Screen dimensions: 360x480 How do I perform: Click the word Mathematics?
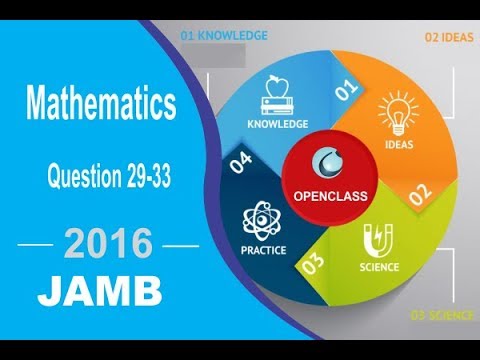(x=101, y=102)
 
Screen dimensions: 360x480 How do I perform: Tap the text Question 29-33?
(x=110, y=178)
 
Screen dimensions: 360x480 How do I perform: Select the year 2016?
(x=109, y=243)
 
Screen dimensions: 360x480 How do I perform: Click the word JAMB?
(x=100, y=292)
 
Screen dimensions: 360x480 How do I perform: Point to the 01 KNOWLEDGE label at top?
(x=224, y=36)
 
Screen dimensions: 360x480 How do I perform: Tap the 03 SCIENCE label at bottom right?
(x=443, y=316)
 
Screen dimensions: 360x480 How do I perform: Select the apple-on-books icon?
(x=279, y=92)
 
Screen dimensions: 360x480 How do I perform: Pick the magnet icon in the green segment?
(x=378, y=239)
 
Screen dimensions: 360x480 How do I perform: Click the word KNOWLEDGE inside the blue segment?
(x=278, y=124)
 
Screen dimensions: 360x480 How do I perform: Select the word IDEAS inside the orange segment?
(x=399, y=145)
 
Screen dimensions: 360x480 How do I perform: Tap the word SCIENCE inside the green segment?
(x=379, y=267)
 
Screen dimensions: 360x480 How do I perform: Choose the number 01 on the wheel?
(x=345, y=92)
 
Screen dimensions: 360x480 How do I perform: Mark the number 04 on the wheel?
(x=240, y=165)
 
